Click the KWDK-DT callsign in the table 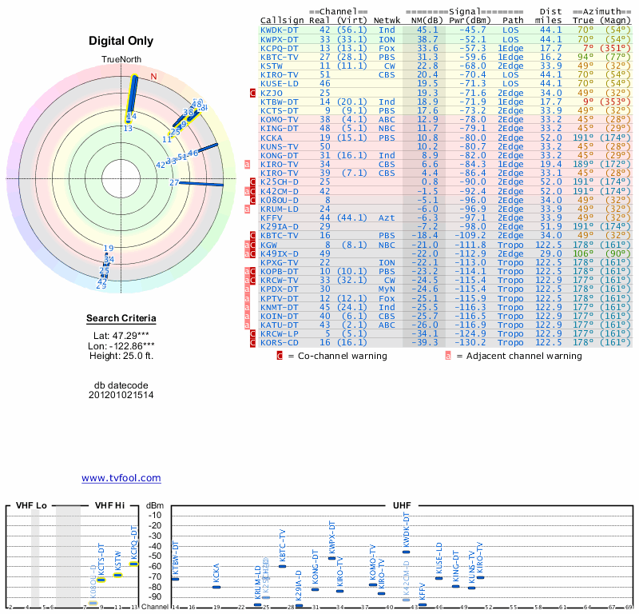coord(280,30)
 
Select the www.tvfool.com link coord(121,478)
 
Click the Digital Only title coord(121,41)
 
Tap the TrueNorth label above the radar coord(121,60)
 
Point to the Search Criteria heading coord(121,319)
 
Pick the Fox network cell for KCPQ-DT coord(387,47)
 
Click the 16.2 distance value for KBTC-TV coord(551,56)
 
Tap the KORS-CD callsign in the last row coord(280,343)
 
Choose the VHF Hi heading coord(109,506)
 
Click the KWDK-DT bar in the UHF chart coord(406,552)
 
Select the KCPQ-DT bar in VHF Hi coord(134,564)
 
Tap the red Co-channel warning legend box coord(280,356)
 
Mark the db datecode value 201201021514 coord(121,395)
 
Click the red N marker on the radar coord(154,77)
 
